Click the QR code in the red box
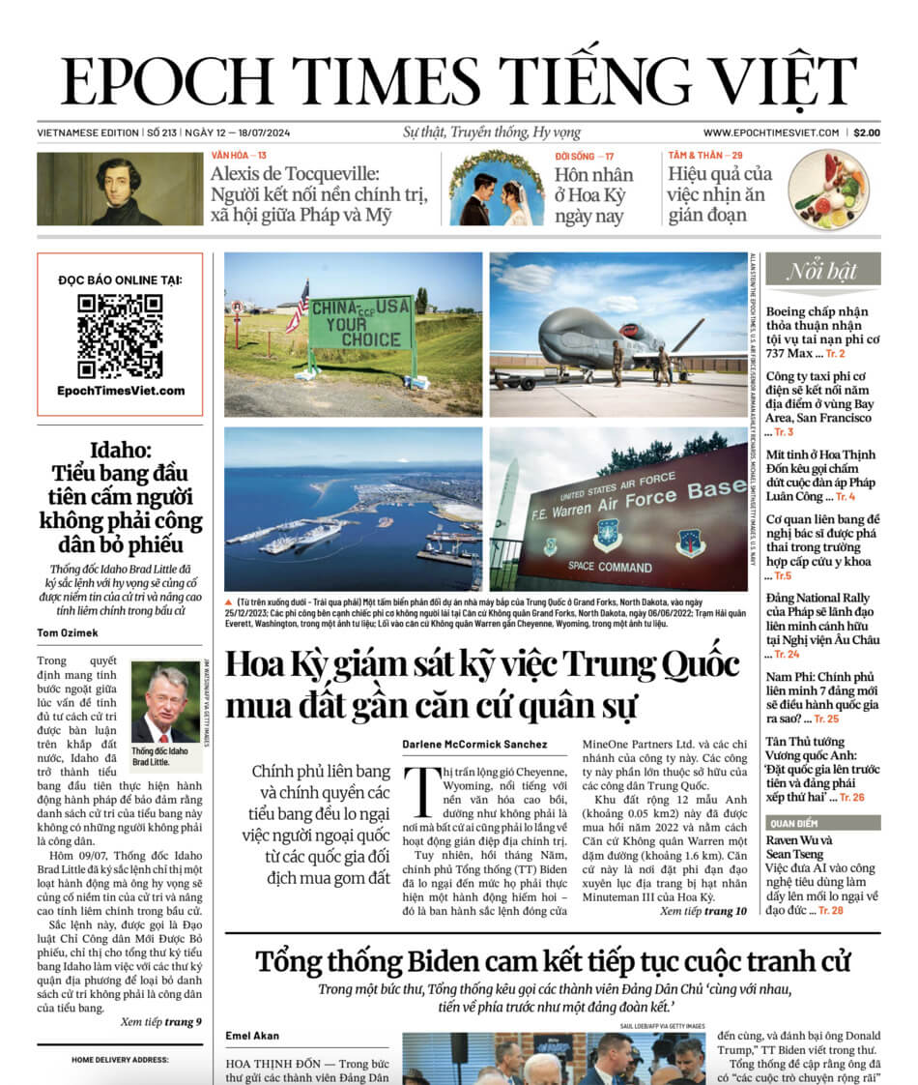pyautogui.click(x=120, y=335)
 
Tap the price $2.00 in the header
pyautogui.click(x=866, y=132)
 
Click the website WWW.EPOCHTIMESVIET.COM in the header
pyautogui.click(x=770, y=132)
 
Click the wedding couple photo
pyautogui.click(x=496, y=190)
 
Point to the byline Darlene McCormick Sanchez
pyautogui.click(x=474, y=745)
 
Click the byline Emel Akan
pyautogui.click(x=252, y=1036)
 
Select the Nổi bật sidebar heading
pyautogui.click(x=822, y=271)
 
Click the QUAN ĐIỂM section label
pyautogui.click(x=794, y=823)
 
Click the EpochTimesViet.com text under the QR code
pyautogui.click(x=120, y=391)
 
